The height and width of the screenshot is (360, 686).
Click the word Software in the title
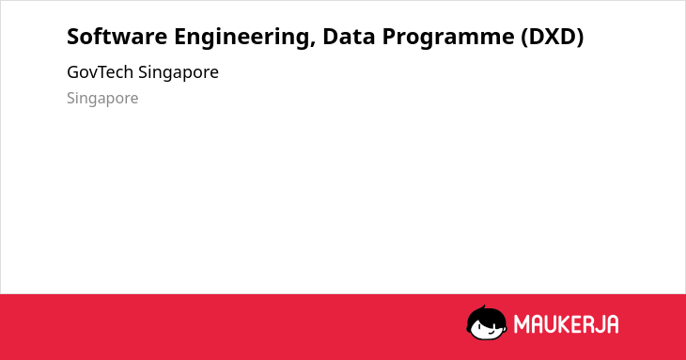pyautogui.click(x=117, y=37)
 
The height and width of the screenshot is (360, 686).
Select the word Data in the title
pyautogui.click(x=349, y=37)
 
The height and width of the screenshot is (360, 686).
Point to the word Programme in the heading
pyautogui.click(x=448, y=38)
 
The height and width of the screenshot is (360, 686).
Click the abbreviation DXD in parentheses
pyautogui.click(x=553, y=37)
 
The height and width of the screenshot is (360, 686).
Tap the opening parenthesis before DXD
pyautogui.click(x=524, y=38)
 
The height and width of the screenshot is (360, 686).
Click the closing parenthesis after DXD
pyautogui.click(x=580, y=38)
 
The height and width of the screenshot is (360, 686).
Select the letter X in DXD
pyautogui.click(x=553, y=37)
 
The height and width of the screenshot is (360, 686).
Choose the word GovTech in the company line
pyautogui.click(x=101, y=72)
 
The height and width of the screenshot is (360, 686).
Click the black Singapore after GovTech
pyautogui.click(x=179, y=73)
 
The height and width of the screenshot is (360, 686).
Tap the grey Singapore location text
pyautogui.click(x=102, y=99)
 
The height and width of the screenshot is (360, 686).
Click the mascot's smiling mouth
pyautogui.click(x=491, y=333)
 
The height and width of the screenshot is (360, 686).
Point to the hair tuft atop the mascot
pyautogui.click(x=483, y=307)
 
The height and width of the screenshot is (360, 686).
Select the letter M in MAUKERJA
pyautogui.click(x=522, y=324)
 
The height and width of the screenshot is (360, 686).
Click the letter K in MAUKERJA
pyautogui.click(x=565, y=324)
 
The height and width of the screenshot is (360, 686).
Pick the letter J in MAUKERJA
pyautogui.click(x=600, y=324)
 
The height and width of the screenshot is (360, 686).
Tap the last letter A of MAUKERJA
pyautogui.click(x=613, y=324)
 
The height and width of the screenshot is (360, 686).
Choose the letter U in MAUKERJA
pyautogui.click(x=551, y=324)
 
